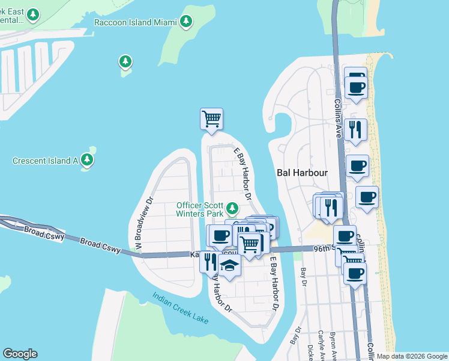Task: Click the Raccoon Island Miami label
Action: pos(136,22)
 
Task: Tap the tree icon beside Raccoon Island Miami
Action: pos(186,22)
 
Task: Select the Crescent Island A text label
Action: pos(46,161)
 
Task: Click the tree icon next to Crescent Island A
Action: pos(88,159)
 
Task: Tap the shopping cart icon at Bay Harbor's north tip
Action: pos(211,118)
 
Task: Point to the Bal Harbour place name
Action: pos(303,173)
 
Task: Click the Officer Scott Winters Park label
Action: pos(200,209)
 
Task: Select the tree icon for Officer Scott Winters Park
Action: pos(232,209)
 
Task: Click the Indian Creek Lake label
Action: pos(180,308)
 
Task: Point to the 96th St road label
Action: pos(323,248)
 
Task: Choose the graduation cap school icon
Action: pos(229,264)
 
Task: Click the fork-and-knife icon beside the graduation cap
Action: pos(209,261)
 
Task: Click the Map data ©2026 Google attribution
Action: pos(412,356)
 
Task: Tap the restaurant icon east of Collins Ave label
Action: pos(356,129)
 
